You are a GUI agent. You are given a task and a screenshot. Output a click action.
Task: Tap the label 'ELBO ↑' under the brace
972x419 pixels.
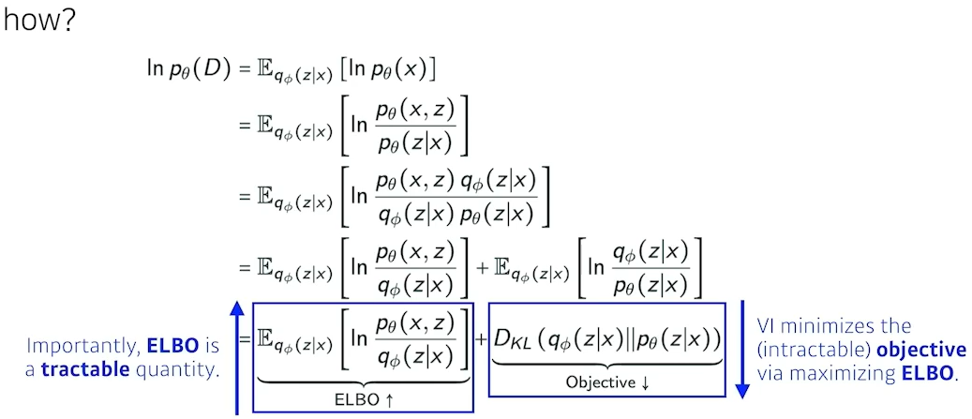(x=363, y=398)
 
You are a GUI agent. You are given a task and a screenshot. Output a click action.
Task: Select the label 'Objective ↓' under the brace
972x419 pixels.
(x=608, y=382)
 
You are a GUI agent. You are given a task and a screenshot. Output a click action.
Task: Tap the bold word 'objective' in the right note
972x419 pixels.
(x=920, y=351)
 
